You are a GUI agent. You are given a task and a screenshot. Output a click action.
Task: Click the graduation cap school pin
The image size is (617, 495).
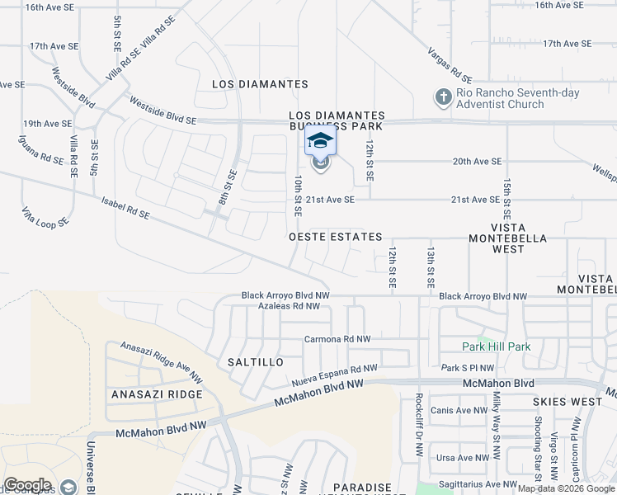tap(320, 142)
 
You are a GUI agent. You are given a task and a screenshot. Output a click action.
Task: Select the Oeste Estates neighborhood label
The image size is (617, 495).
tap(336, 237)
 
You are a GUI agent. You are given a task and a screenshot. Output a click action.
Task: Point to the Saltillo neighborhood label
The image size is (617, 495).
tap(255, 362)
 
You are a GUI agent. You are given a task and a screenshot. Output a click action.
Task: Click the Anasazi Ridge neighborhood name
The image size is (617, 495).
tap(157, 394)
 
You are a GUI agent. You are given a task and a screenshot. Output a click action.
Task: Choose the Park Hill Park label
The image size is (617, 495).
tap(497, 347)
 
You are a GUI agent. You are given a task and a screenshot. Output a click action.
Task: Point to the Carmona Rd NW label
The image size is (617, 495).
tap(337, 339)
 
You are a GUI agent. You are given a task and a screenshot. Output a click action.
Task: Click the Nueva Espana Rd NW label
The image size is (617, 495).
tap(335, 375)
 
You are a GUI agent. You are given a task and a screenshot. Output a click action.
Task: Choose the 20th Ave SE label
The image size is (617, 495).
tap(477, 162)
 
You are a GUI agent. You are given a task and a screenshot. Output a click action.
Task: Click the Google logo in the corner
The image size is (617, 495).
tap(27, 485)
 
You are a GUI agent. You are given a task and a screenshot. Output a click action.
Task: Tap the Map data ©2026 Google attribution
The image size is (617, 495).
tap(567, 488)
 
